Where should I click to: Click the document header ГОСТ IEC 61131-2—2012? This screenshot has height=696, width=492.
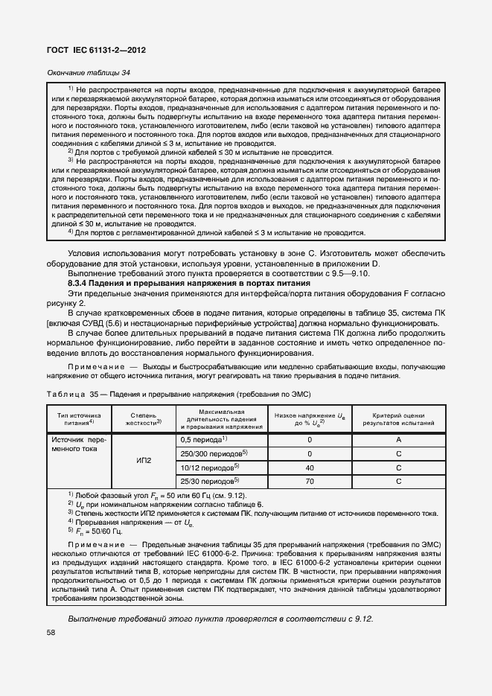point(98,50)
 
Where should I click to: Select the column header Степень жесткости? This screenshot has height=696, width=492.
point(141,418)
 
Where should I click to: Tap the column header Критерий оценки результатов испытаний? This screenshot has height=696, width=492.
point(398,418)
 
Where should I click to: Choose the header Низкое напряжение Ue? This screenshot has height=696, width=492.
point(310,418)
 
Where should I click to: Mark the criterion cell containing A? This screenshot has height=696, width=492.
point(398,440)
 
